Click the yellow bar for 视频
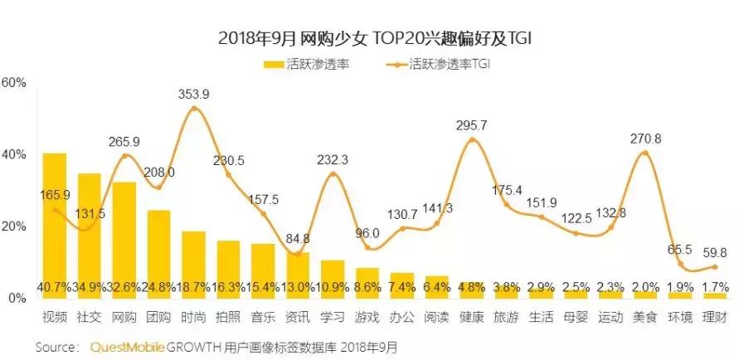tap(55, 224)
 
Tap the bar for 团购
tap(158, 253)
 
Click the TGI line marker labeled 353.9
tap(193, 109)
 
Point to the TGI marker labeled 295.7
tap(472, 140)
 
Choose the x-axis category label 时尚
tap(193, 316)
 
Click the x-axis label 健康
tap(472, 316)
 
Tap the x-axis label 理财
tap(715, 316)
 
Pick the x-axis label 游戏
tap(367, 316)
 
